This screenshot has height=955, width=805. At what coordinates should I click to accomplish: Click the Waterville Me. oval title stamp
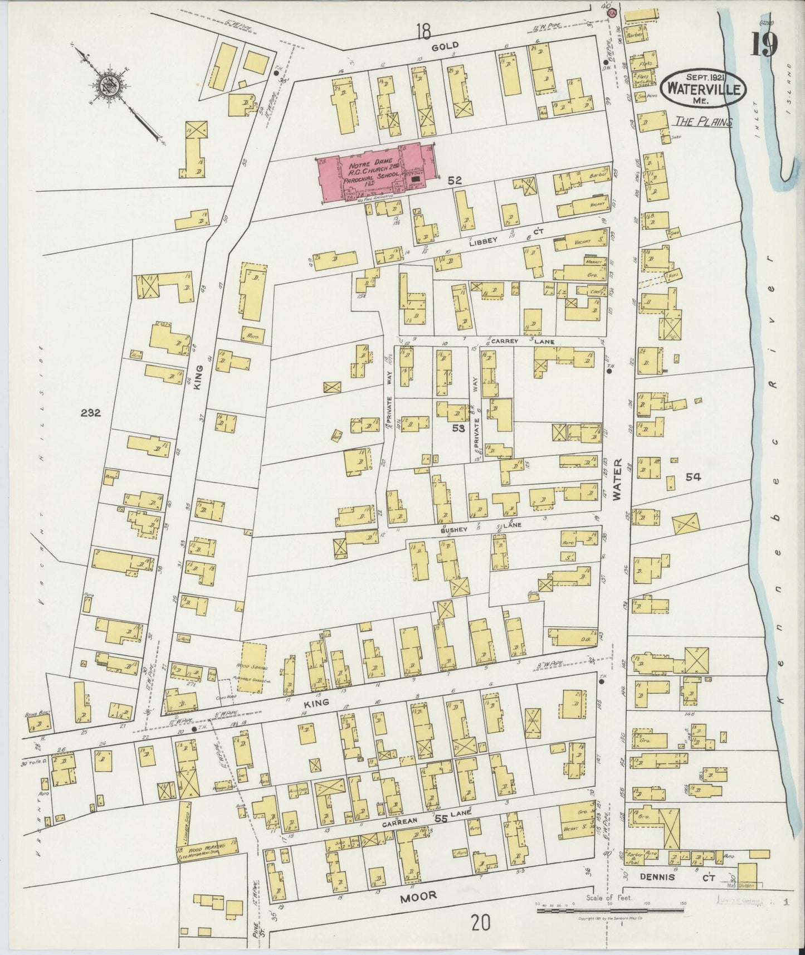tap(704, 88)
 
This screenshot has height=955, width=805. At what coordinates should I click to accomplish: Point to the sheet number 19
tap(763, 45)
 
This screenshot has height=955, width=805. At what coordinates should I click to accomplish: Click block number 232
tap(90, 413)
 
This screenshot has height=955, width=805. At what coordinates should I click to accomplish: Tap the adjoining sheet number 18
tap(428, 33)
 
